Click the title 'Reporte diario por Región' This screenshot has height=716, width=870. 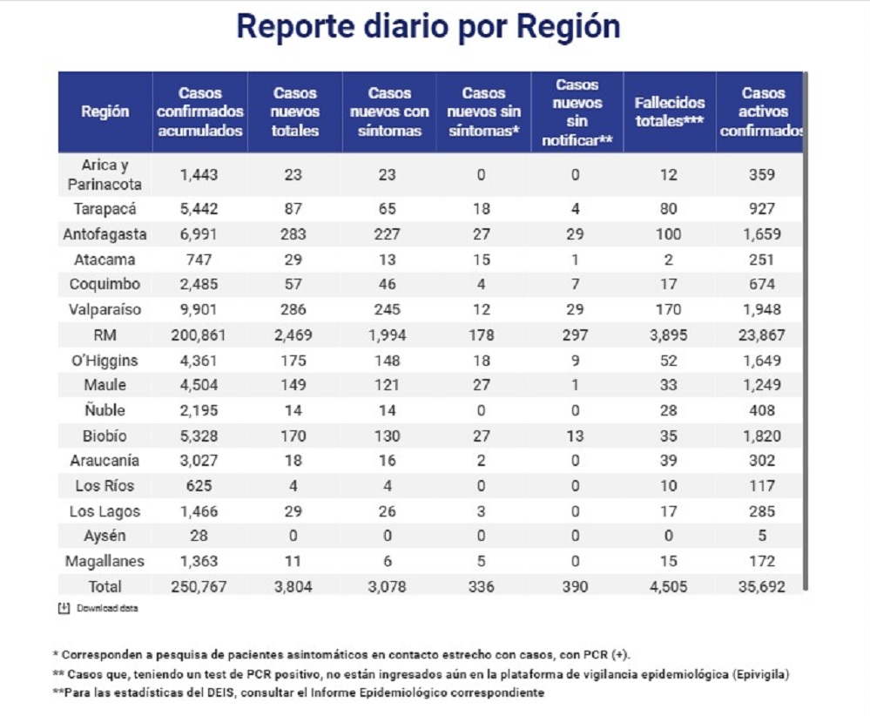[x=428, y=27]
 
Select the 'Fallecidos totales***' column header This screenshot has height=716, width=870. [x=669, y=111]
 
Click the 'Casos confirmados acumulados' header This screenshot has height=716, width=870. [x=200, y=111]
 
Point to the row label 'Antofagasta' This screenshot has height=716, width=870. [x=105, y=234]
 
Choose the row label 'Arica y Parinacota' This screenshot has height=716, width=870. [x=105, y=175]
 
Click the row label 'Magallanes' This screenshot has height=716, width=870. [x=105, y=561]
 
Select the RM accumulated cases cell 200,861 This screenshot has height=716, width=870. [x=200, y=335]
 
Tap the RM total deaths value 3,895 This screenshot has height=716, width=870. [x=669, y=335]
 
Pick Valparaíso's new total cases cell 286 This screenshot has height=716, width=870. [x=293, y=309]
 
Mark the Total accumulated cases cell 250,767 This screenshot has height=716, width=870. [x=200, y=586]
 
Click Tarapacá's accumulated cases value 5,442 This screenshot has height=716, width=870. [x=200, y=209]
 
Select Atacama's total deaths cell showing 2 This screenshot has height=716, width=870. [x=669, y=259]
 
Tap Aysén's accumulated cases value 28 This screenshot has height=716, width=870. [x=200, y=536]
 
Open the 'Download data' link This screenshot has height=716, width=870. [x=106, y=608]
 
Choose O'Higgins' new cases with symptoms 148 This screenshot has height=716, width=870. [x=387, y=361]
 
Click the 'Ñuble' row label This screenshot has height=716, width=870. [x=105, y=410]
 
